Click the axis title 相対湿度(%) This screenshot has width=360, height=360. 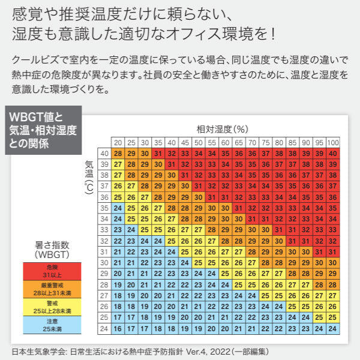click(x=222, y=129)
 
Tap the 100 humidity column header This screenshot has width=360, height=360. click(x=333, y=143)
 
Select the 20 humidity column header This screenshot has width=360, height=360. click(x=118, y=143)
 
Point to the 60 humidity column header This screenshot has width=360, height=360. click(x=225, y=143)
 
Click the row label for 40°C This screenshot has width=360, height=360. click(x=104, y=154)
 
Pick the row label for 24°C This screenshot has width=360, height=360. click(x=104, y=328)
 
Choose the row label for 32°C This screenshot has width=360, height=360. click(x=104, y=241)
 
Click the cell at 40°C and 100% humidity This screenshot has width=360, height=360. click(x=333, y=154)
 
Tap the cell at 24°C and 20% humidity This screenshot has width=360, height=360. click(x=118, y=328)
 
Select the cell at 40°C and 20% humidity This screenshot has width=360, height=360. click(x=118, y=154)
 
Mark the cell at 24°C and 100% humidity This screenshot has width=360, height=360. click(x=333, y=328)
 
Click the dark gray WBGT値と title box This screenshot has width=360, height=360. click(x=42, y=130)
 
